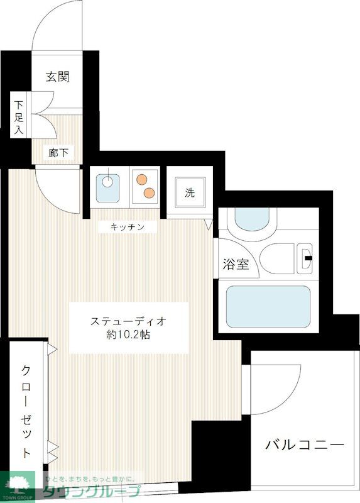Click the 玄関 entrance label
coord(57,77)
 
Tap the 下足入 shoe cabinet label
coord(20,117)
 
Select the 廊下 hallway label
coord(58,152)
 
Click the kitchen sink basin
coord(109,185)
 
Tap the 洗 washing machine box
coord(190,193)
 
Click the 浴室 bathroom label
coord(236,264)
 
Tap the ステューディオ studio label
coord(128,321)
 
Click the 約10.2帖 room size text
coord(128,335)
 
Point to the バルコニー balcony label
coord(305,445)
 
